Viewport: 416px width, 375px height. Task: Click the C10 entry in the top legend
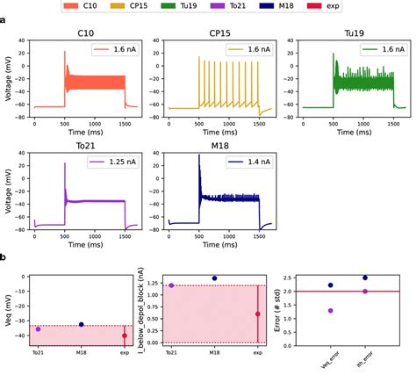(x=79, y=6)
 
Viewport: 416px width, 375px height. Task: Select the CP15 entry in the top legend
(x=133, y=6)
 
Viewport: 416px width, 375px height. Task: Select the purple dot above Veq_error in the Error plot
(x=330, y=310)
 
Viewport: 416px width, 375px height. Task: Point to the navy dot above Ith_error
(x=365, y=278)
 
